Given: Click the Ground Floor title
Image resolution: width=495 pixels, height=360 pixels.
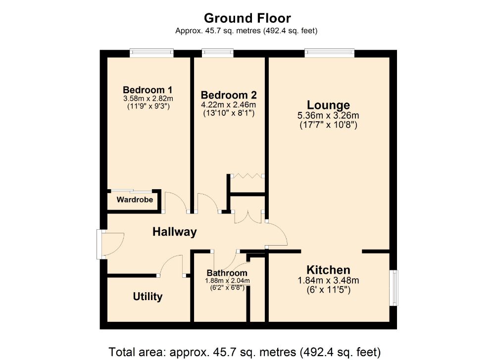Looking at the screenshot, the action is click(247, 18).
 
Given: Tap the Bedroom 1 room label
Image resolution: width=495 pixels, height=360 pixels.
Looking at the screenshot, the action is click(148, 90).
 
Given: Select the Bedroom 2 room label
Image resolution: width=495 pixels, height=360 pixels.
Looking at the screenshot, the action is click(229, 95).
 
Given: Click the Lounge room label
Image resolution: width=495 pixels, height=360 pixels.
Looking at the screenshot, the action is click(328, 105).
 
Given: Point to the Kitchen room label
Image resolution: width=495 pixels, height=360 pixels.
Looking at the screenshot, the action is click(328, 270).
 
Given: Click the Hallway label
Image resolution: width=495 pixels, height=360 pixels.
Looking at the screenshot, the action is click(175, 232).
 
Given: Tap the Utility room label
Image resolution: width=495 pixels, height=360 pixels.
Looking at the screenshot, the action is click(148, 297).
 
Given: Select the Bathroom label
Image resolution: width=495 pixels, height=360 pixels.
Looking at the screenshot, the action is click(227, 273).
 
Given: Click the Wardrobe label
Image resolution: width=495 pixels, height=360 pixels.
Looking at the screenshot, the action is click(135, 200).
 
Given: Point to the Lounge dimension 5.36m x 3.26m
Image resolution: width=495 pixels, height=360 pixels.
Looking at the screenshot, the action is click(328, 115).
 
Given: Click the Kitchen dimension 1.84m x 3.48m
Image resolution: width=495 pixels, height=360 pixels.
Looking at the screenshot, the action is click(328, 280).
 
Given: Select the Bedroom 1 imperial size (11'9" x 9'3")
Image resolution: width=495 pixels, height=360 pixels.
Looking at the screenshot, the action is click(148, 106).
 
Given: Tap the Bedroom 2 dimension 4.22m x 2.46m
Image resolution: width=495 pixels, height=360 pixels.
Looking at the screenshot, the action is click(229, 104).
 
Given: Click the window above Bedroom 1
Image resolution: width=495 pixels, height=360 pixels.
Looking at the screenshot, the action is click(151, 52).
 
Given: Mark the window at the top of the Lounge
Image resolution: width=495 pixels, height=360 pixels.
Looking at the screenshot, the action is click(330, 52).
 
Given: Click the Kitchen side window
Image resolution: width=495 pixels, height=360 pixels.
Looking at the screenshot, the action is click(394, 288).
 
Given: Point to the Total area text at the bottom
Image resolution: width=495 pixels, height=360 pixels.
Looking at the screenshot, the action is click(245, 352).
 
